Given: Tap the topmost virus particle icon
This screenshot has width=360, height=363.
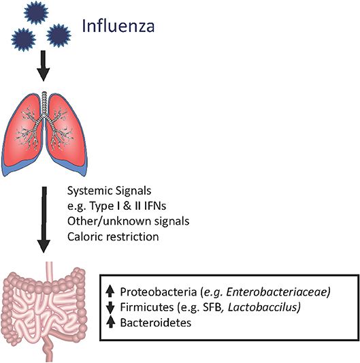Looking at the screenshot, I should pyautogui.click(x=35, y=11).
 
